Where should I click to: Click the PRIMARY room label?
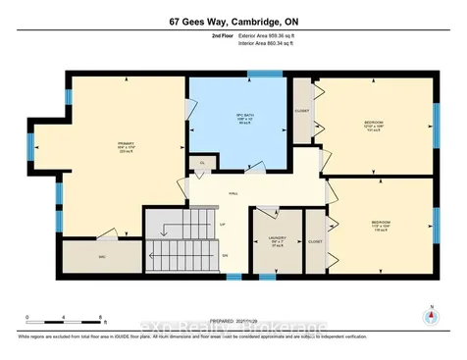pyautogui.click(x=124, y=146)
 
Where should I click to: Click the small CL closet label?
pyautogui.click(x=201, y=162)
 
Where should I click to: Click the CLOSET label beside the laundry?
pyautogui.click(x=315, y=240)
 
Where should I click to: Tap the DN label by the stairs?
pyautogui.click(x=225, y=256)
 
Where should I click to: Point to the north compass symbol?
pyautogui.click(x=429, y=317)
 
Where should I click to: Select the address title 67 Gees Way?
pyautogui.click(x=233, y=19)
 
